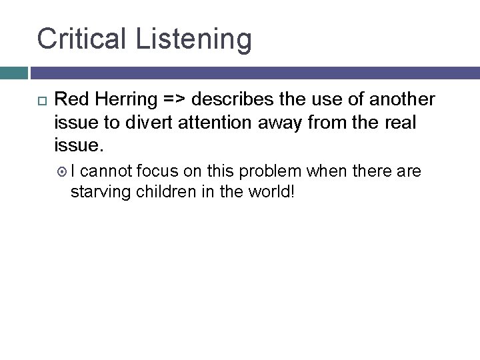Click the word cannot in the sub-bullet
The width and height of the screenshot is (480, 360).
click(109, 171)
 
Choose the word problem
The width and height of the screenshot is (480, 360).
click(269, 171)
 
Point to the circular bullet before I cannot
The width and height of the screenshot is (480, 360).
click(65, 172)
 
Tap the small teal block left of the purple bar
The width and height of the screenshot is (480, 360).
click(13, 73)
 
